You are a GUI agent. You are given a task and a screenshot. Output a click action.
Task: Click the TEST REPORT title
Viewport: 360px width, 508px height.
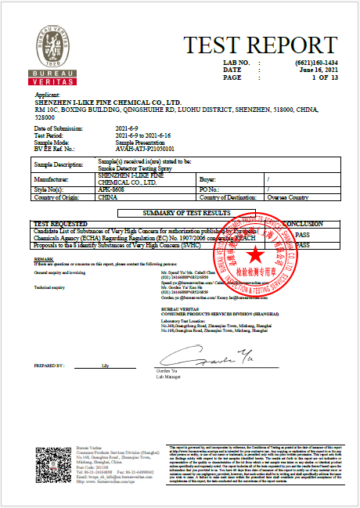tap(248, 45)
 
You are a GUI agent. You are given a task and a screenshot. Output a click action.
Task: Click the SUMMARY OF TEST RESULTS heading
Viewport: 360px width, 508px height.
tap(185, 213)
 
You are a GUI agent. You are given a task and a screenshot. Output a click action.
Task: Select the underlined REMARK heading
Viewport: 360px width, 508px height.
tap(44, 258)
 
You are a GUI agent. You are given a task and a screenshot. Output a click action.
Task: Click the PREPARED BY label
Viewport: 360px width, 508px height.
tap(49, 366)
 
